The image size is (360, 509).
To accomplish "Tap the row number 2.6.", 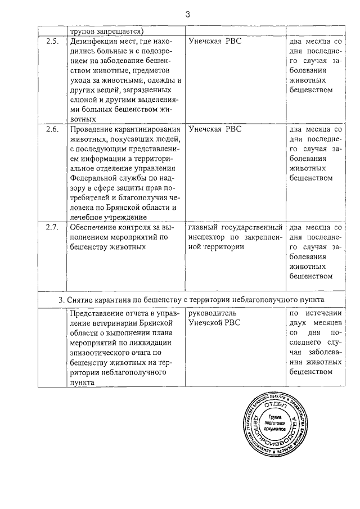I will coord(52,130).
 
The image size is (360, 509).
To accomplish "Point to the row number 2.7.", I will coord(52,228).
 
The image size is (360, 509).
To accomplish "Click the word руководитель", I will coord(213,313).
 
